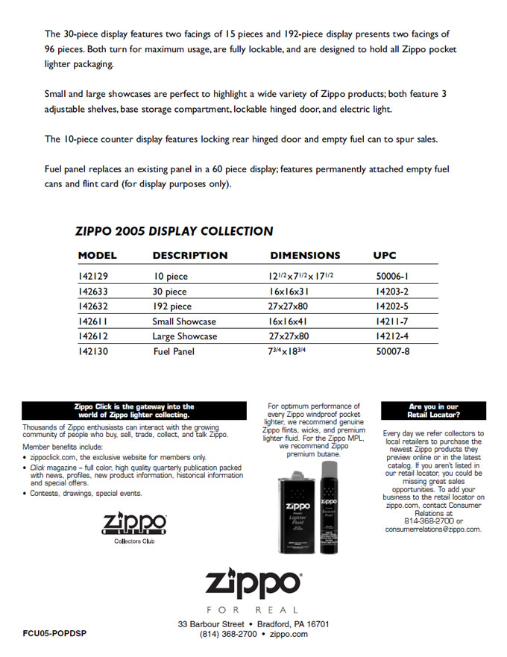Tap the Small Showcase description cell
click(x=184, y=321)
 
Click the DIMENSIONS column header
click(x=305, y=255)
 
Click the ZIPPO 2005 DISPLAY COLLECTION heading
click(x=174, y=231)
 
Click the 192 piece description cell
click(x=172, y=307)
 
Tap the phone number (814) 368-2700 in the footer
click(x=228, y=634)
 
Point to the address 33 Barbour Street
click(x=212, y=623)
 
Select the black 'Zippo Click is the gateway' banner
click(x=134, y=410)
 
